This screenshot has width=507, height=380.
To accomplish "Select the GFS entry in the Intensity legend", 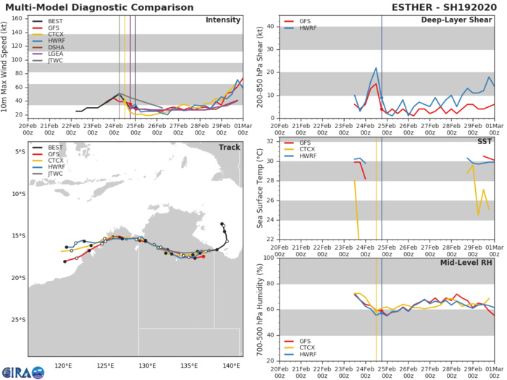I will [49, 31].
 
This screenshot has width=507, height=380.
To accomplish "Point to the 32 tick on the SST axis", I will [269, 141].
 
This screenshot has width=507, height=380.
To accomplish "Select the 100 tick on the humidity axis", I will [267, 257].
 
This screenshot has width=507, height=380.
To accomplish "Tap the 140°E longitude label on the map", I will [232, 366].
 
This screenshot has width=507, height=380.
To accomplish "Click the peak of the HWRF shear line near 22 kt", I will [376, 68].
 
